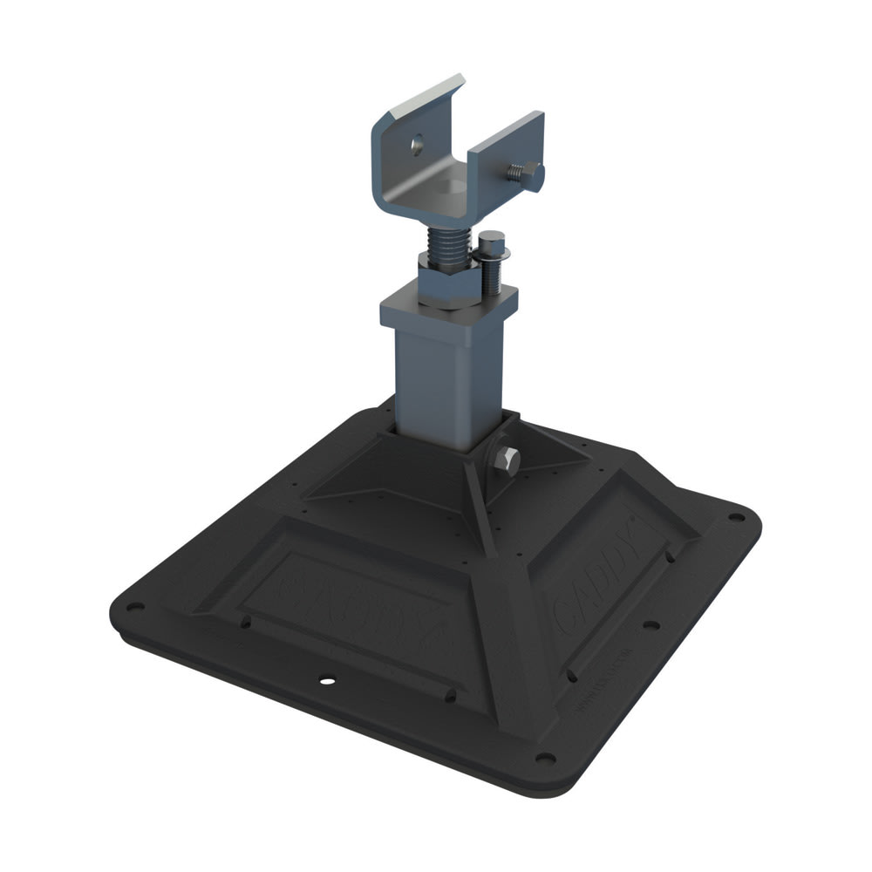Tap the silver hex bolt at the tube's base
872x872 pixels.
click(507, 461)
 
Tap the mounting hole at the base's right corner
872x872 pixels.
click(738, 516)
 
